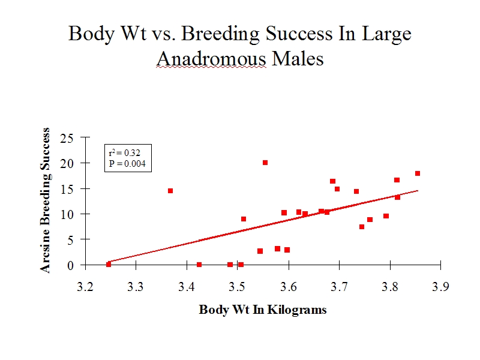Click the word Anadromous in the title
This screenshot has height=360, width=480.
(x=211, y=58)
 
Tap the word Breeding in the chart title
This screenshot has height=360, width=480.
(x=220, y=34)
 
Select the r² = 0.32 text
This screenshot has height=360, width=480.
(x=125, y=152)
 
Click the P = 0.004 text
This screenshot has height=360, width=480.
(x=127, y=164)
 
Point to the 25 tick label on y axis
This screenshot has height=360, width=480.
(x=67, y=139)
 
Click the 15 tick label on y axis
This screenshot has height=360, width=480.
(x=67, y=189)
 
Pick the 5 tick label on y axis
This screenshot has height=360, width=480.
(x=70, y=240)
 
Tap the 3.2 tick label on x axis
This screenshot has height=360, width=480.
(x=85, y=287)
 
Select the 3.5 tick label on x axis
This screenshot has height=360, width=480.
(x=237, y=287)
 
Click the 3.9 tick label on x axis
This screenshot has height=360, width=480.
(x=440, y=287)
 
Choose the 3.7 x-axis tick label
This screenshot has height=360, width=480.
(x=339, y=287)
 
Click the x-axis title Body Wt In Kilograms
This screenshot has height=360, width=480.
(x=263, y=310)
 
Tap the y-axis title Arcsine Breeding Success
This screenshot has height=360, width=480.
(x=45, y=200)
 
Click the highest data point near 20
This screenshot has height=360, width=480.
(x=265, y=163)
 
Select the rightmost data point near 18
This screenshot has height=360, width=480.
(x=418, y=173)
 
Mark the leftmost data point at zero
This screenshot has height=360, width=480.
(x=109, y=264)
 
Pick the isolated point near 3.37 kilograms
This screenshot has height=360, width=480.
(x=170, y=191)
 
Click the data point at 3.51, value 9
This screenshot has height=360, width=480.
(x=244, y=219)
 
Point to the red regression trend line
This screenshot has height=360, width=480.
(x=263, y=226)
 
